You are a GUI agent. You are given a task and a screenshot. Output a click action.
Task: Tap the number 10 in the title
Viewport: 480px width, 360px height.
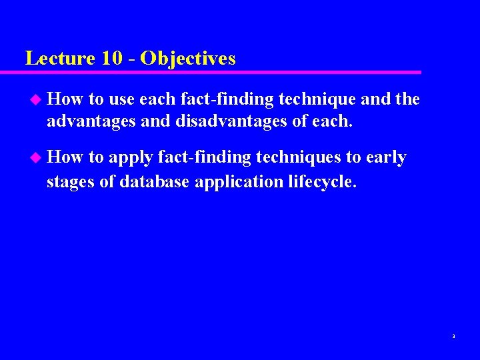tap(113, 58)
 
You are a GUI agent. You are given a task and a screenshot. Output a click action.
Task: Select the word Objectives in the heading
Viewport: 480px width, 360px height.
tap(189, 58)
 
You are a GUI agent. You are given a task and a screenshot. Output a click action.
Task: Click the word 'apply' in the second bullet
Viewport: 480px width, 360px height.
tap(131, 158)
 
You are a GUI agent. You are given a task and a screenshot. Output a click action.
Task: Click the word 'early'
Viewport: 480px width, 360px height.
tap(386, 158)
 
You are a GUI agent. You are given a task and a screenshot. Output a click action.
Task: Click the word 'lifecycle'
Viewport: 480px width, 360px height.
tap(322, 181)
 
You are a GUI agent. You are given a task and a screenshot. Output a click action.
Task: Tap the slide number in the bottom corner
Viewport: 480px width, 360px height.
tap(453, 337)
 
